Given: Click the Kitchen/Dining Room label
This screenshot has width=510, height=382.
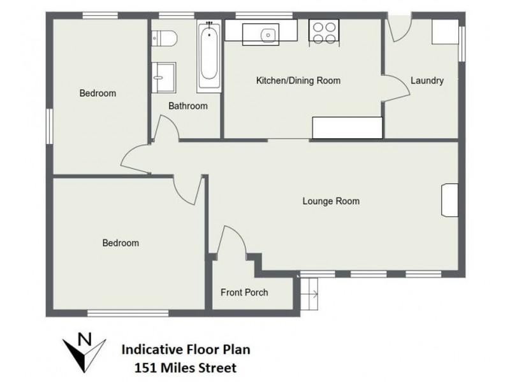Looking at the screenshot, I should point(298,81).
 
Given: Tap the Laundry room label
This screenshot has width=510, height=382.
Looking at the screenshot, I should point(426,81).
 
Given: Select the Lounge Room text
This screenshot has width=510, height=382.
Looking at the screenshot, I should point(330,201).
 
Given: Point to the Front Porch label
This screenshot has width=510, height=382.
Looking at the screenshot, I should point(244,293).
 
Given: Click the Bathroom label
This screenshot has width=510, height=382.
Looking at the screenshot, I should point(187,106).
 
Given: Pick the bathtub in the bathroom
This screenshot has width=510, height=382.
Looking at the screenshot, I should point(208,55).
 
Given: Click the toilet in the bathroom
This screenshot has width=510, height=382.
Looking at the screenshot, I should point(164,38).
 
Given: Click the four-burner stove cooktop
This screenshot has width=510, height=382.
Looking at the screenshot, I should point(324,32).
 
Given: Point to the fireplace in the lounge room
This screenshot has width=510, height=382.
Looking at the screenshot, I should point(449,201).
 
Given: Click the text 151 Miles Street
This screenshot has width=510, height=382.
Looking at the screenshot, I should point(185,367).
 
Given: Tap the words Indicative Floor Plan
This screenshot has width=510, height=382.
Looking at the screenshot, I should point(186,350).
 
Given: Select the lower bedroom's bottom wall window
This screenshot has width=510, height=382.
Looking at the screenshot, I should point(127,313).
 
